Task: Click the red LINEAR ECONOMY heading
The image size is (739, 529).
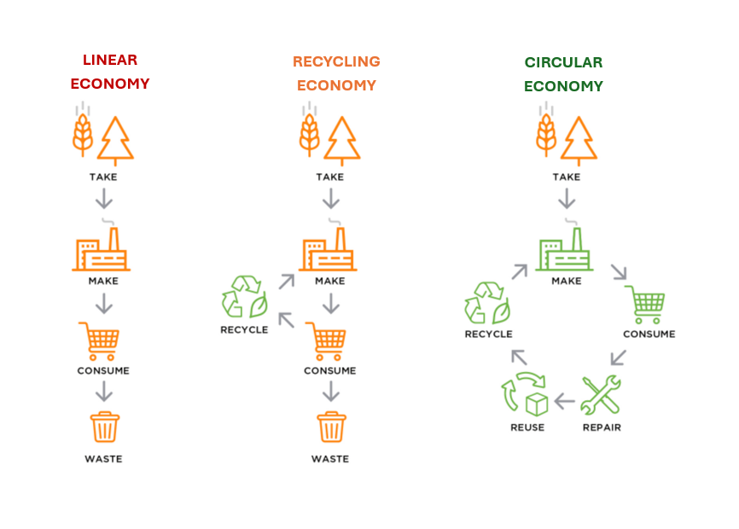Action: tap(110, 72)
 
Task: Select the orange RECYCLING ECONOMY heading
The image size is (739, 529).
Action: tap(336, 73)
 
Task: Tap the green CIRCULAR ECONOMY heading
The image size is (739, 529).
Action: tap(563, 74)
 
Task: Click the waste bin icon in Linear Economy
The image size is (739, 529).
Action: tap(104, 427)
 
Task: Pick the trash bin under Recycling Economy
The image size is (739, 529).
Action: tap(331, 427)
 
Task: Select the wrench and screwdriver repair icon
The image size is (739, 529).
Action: tap(601, 395)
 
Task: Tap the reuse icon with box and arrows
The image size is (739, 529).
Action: tap(526, 394)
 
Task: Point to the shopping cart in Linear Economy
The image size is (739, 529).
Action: tap(99, 340)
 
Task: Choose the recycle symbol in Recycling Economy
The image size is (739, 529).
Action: tap(244, 297)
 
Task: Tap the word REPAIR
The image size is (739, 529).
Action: tap(601, 427)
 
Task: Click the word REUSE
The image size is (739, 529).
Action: tap(527, 427)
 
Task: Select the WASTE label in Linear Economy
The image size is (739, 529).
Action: tap(103, 459)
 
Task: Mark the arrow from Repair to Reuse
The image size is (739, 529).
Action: tap(563, 398)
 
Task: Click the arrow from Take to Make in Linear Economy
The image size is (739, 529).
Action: tap(104, 200)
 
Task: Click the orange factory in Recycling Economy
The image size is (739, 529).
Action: tap(329, 248)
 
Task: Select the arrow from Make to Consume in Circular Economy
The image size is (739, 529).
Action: tap(618, 272)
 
